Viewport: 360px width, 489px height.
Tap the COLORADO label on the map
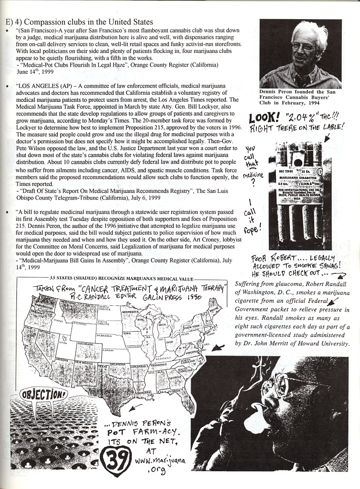(x=85, y=344)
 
